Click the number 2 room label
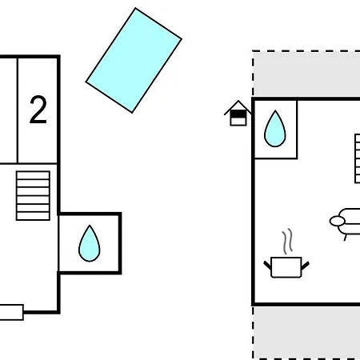pyautogui.click(x=38, y=110)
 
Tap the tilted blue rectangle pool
pyautogui.click(x=134, y=61)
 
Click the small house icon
pyautogui.click(x=238, y=114)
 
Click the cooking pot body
pyautogui.click(x=286, y=267)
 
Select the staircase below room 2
pyautogui.click(x=34, y=195)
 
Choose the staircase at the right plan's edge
pyautogui.click(x=356, y=158)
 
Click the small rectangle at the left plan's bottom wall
pyautogui.click(x=10, y=313)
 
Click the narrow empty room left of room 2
pyautogui.click(x=7, y=110)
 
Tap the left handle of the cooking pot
pyautogui.click(x=268, y=263)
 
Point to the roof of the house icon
pyautogui.click(x=238, y=107)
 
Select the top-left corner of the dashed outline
pyautogui.click(x=254, y=53)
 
